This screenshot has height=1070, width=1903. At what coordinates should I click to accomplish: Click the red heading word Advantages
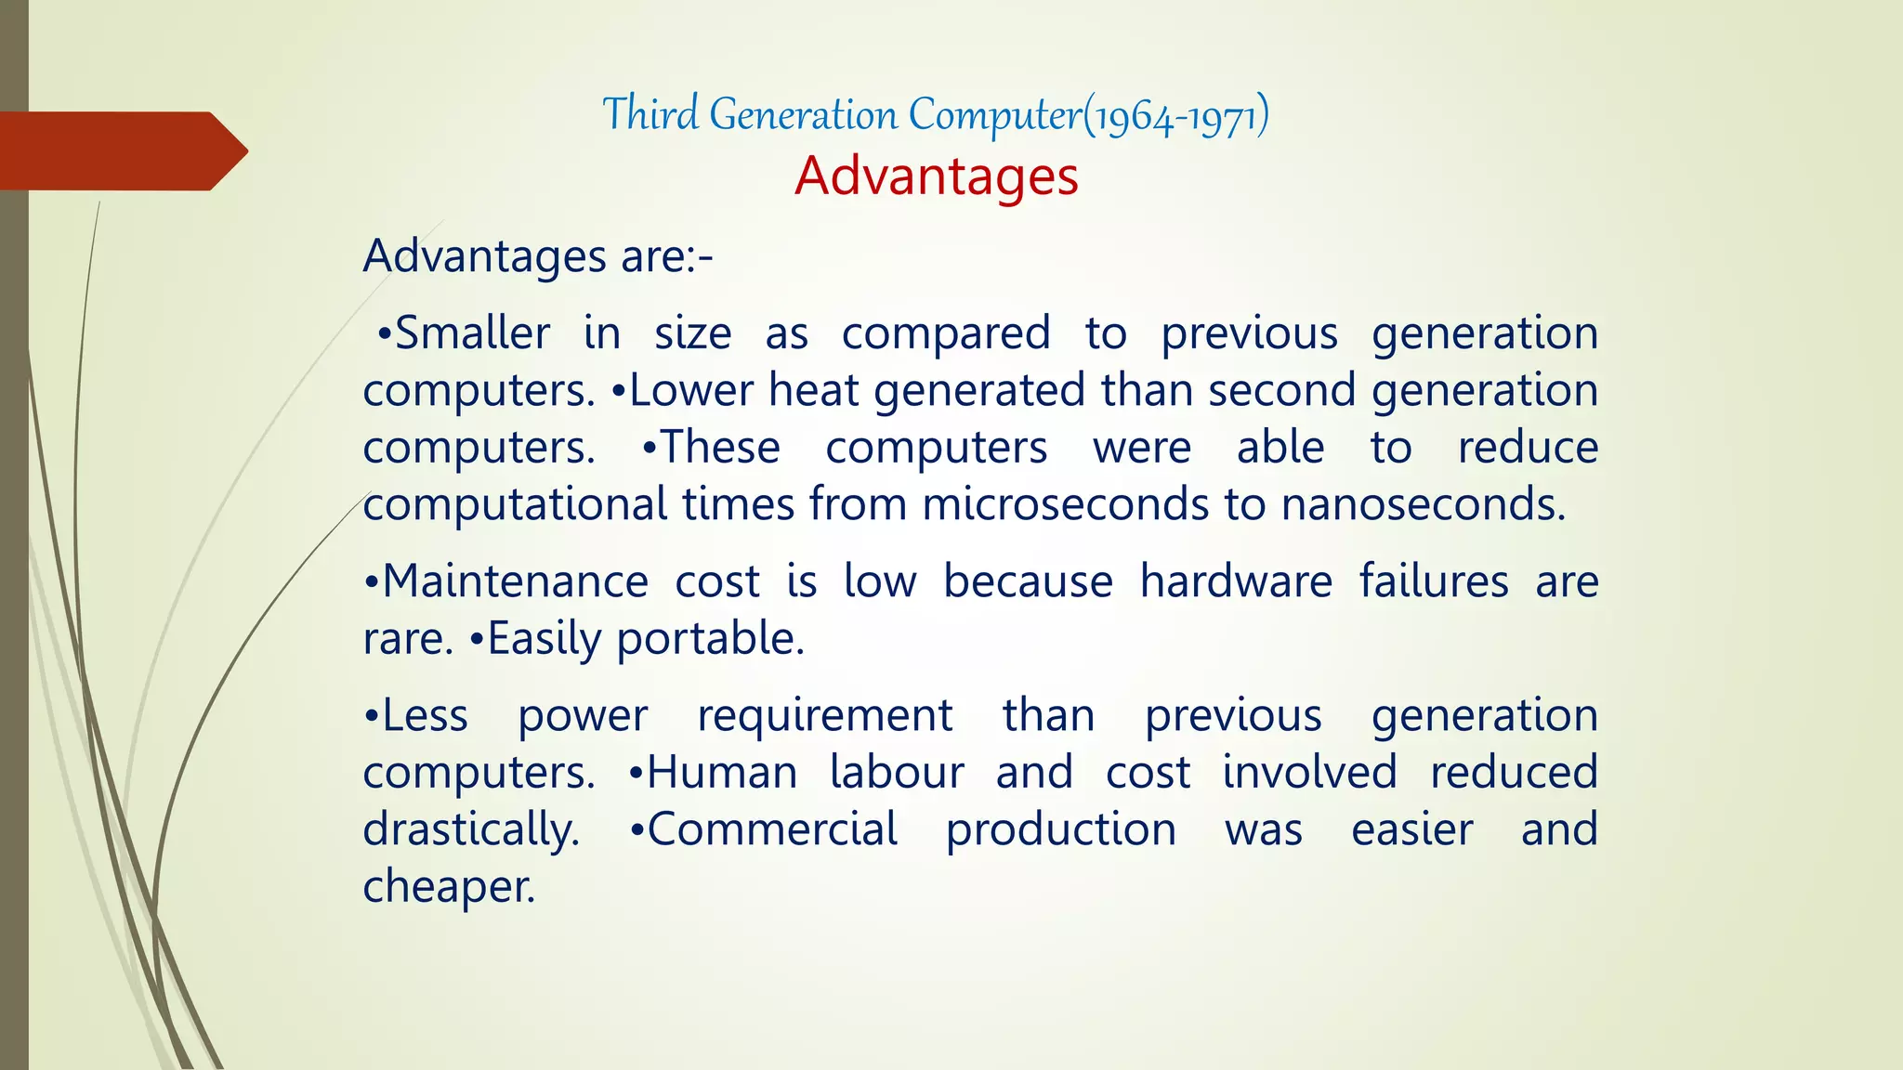coord(936,176)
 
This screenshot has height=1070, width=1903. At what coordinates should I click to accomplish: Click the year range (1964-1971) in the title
coord(1176,116)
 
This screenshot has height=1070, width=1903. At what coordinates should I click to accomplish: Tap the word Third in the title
coord(650,114)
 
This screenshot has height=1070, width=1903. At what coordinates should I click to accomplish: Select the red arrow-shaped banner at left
coord(121,150)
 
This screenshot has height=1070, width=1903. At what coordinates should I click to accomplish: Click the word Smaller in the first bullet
coord(472,333)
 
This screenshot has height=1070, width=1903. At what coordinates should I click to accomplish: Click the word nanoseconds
coord(1423,505)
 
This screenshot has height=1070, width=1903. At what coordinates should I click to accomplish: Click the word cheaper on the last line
coord(449,887)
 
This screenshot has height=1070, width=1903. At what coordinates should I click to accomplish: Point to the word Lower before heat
coord(690,391)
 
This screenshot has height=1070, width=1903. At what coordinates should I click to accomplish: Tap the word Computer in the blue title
coord(994,116)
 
